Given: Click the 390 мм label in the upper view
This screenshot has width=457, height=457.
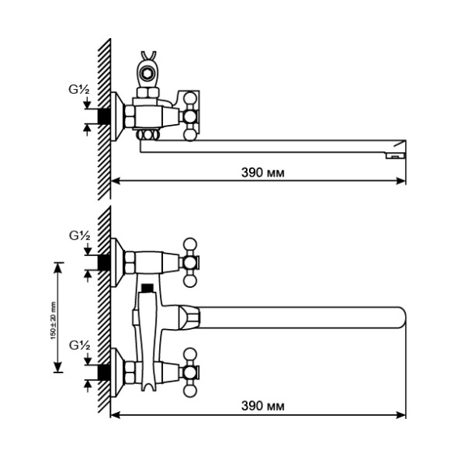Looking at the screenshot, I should point(261,172).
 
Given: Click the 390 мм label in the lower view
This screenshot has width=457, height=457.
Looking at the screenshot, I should point(261,406).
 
